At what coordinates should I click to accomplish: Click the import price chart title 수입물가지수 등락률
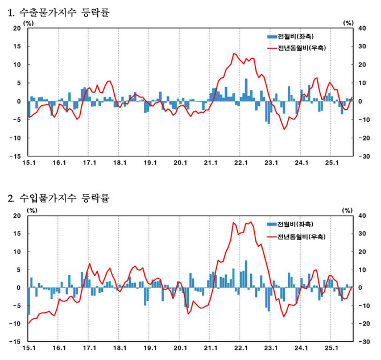coord(63,198)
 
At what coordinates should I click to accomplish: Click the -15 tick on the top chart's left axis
coord(15,156)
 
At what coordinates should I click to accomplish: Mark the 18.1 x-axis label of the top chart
coord(119,164)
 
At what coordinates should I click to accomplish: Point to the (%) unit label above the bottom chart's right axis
coord(348,210)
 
